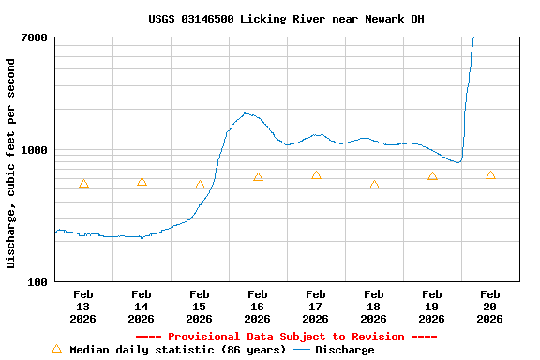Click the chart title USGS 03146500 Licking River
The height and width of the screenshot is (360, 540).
[x=286, y=19]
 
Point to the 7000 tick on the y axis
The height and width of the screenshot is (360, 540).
[x=35, y=37]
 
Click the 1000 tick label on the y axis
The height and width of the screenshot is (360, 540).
[x=35, y=150]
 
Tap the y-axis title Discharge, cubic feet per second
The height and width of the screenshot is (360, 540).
[x=11, y=163]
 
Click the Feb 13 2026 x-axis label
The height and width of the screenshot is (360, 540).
[x=83, y=307]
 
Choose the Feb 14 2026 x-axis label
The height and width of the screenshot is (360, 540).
[x=142, y=307]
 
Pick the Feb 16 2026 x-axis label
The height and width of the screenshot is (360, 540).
[x=258, y=307]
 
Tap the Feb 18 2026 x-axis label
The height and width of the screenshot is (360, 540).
[x=374, y=307]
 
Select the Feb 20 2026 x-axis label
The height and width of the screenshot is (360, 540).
[x=490, y=307]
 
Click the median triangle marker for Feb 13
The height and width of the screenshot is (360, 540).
[x=83, y=184]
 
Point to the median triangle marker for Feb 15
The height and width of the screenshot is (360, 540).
[x=200, y=185]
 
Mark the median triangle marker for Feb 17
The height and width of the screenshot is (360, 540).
[x=316, y=175]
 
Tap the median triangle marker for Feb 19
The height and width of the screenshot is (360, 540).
[x=432, y=176]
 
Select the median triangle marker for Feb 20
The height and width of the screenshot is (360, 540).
[x=490, y=175]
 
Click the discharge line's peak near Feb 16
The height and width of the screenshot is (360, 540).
[x=245, y=112]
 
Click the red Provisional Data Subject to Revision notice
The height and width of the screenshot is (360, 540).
[x=286, y=337]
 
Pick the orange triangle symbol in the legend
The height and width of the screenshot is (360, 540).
[x=56, y=349]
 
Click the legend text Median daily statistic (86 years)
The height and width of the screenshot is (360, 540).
[x=178, y=350]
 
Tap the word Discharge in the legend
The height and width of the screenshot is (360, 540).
[x=344, y=350]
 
